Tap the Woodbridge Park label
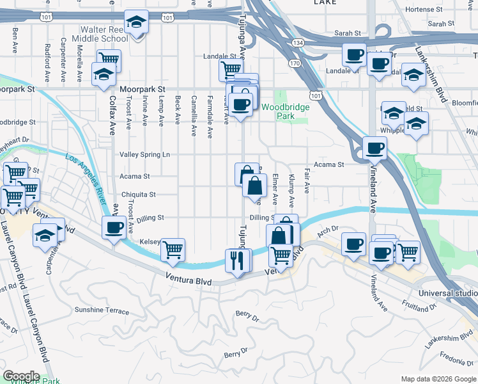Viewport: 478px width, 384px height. (x=286, y=111)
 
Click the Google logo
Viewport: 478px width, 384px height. (x=20, y=376)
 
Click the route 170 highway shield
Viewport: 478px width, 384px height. (x=294, y=64)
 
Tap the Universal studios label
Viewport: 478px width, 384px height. (x=447, y=292)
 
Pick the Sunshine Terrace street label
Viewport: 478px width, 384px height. (x=102, y=310)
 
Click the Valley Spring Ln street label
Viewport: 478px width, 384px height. (x=145, y=154)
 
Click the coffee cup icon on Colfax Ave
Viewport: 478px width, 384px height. (x=114, y=227)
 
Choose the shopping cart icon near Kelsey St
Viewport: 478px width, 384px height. (x=173, y=249)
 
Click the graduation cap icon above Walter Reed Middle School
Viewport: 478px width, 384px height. (x=136, y=23)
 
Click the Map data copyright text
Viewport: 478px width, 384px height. (x=437, y=379)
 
